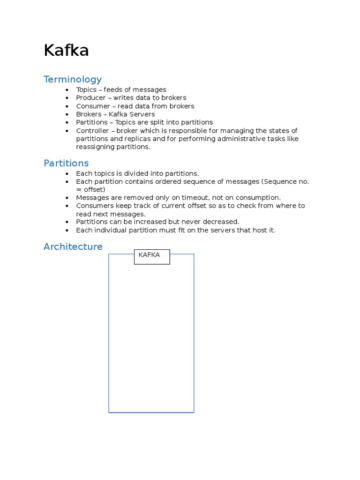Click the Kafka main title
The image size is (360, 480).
pos(66,51)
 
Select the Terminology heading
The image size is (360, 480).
pos(73,79)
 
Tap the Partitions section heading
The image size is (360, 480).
pos(66,163)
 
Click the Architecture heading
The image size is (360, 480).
pos(73,247)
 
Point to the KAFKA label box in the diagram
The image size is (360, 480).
pos(152,257)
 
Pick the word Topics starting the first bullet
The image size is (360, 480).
pos(86,90)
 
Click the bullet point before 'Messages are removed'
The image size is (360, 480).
pos(67,198)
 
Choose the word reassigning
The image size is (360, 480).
pos(96,147)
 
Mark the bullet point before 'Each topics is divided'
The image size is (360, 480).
pos(67,173)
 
